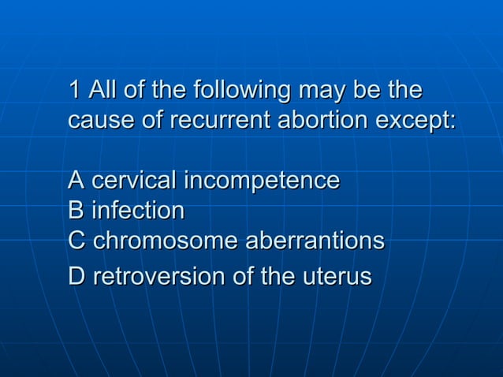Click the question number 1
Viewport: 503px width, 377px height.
tap(75, 91)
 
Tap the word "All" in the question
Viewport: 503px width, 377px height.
tap(102, 91)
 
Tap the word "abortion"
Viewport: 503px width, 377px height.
tap(322, 122)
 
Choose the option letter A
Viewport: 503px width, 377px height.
tap(76, 181)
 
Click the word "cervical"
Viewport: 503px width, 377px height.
tap(134, 181)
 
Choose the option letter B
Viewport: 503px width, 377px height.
tap(76, 211)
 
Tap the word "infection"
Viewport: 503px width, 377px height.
tap(138, 211)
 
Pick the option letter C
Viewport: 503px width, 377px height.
tap(76, 241)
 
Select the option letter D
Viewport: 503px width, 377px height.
tap(76, 277)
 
